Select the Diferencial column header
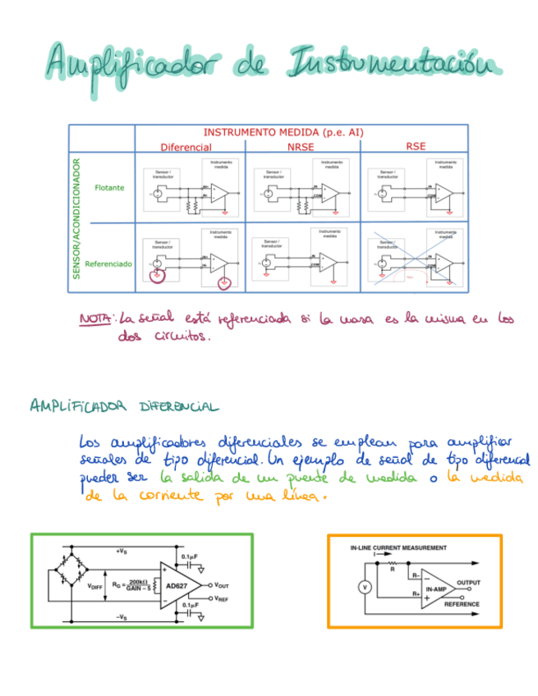point(186,147)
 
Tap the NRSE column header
point(301,147)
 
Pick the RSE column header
point(416,146)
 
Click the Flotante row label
point(109,188)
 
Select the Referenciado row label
point(108,264)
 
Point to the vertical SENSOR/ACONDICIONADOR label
point(76,219)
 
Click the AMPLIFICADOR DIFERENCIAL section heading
point(123,406)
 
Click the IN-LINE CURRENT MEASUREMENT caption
point(398,547)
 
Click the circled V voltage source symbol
point(365,587)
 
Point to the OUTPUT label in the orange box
point(470,582)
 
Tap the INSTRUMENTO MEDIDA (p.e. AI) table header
point(283,132)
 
